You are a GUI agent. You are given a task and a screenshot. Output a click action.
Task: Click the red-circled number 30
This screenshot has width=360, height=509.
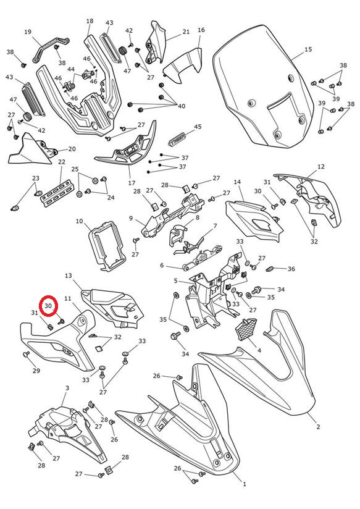tap(48, 306)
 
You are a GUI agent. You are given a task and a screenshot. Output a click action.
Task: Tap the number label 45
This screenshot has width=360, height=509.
tap(198, 127)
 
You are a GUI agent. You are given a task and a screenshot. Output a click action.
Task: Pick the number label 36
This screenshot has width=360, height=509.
tap(291, 269)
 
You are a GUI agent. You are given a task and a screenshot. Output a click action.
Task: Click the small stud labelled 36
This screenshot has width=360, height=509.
tap(270, 269)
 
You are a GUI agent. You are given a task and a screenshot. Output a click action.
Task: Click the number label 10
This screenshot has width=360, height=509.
tap(80, 221)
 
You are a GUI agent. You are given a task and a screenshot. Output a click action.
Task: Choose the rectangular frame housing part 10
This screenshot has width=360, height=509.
tap(107, 246)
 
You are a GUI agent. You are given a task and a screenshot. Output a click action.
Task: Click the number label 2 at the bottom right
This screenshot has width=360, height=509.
tap(318, 427)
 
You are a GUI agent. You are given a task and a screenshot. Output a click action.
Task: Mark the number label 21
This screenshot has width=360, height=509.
tap(186, 32)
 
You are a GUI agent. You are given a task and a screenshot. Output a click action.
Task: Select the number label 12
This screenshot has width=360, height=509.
tap(320, 167)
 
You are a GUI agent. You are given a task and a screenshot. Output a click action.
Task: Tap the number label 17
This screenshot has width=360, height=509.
tap(132, 183)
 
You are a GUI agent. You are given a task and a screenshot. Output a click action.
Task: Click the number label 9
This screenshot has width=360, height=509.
tap(131, 218)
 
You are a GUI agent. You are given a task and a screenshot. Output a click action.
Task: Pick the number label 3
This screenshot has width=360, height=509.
tap(67, 388)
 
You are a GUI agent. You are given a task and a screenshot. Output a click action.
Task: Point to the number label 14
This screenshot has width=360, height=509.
tap(237, 182)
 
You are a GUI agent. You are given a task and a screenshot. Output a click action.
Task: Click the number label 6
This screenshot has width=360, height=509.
tap(162, 266)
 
